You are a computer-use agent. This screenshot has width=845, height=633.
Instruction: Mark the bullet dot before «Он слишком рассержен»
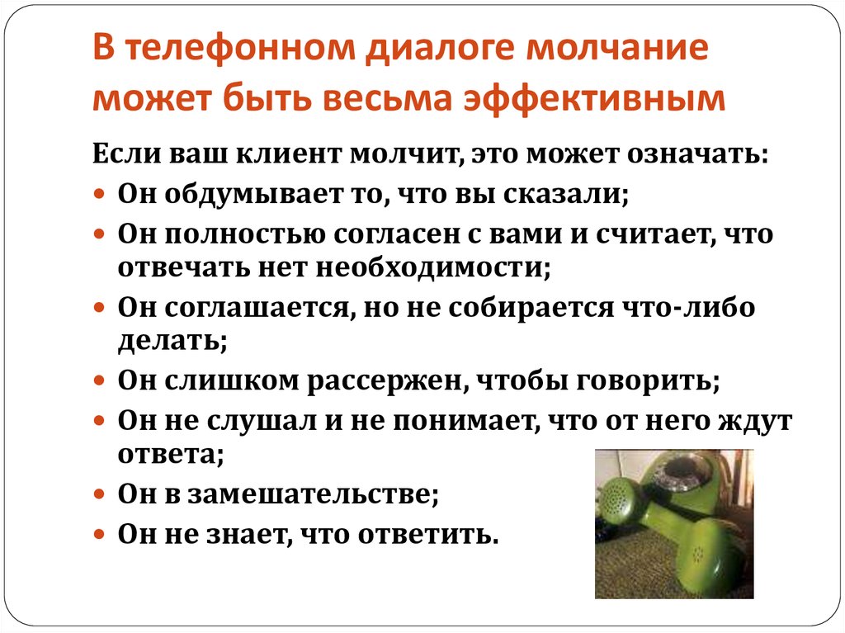pos(98,382)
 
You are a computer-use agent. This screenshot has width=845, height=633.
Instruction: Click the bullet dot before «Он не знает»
pos(98,535)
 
